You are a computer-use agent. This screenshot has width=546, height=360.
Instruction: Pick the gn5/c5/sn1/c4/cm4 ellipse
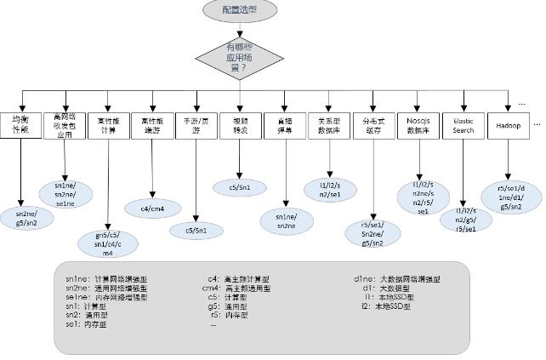click(108, 243)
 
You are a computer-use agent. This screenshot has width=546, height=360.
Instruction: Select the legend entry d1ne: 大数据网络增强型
click(396, 278)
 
